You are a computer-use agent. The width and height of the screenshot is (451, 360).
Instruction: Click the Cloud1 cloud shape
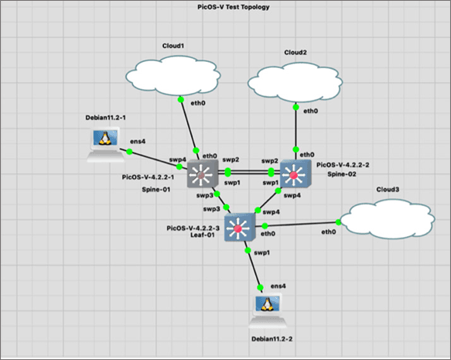[x=173, y=75]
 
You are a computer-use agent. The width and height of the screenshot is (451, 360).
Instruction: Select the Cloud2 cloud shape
[x=295, y=82]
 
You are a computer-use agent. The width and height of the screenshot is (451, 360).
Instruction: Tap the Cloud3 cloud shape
[x=387, y=219]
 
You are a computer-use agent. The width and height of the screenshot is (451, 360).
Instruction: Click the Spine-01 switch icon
[x=203, y=174]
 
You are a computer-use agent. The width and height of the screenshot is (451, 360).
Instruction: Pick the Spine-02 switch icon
[x=296, y=174]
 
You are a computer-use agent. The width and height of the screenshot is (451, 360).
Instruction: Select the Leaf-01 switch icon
[x=240, y=228]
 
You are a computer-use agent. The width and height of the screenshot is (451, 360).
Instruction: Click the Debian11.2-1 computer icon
[x=106, y=146]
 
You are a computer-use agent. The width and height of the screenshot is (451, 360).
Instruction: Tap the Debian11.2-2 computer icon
[x=268, y=311]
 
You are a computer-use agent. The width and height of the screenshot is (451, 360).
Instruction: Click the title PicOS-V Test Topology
[x=234, y=7]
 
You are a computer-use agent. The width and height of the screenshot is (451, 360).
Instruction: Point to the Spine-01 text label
[x=156, y=190]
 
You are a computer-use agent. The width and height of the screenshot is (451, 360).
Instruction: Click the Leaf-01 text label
[x=203, y=235]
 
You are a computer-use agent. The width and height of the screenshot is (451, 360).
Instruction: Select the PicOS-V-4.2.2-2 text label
[x=343, y=165]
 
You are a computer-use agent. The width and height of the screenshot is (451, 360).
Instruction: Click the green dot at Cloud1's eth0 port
[x=180, y=100]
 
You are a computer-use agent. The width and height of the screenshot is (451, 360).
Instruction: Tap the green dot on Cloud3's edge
[x=338, y=222]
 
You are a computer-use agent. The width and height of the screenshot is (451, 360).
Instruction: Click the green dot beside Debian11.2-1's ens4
[x=129, y=152]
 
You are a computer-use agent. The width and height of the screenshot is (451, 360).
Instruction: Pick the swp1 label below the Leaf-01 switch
[x=261, y=252]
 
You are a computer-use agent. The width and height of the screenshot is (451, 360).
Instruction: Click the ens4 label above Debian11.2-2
[x=278, y=286]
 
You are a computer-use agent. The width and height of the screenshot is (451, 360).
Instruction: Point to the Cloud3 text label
[x=388, y=190]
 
